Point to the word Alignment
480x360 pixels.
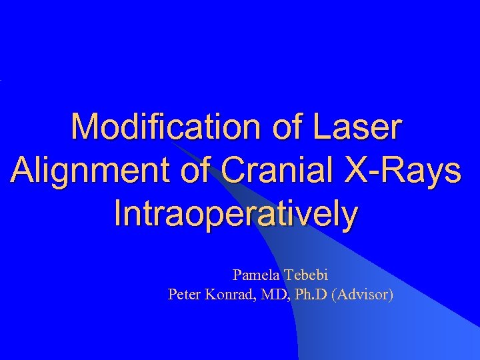93,171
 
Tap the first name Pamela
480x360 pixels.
257,275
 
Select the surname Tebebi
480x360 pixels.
307,275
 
